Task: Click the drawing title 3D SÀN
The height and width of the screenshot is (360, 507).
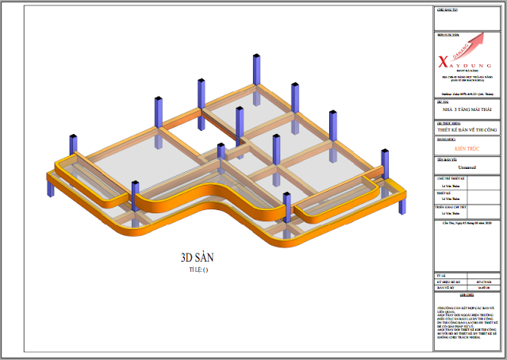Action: coord(197,257)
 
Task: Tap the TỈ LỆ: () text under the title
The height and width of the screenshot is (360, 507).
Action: coord(197,270)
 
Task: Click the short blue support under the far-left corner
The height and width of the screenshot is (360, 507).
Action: coord(52,190)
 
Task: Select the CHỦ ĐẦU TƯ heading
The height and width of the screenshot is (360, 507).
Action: coord(448,10)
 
